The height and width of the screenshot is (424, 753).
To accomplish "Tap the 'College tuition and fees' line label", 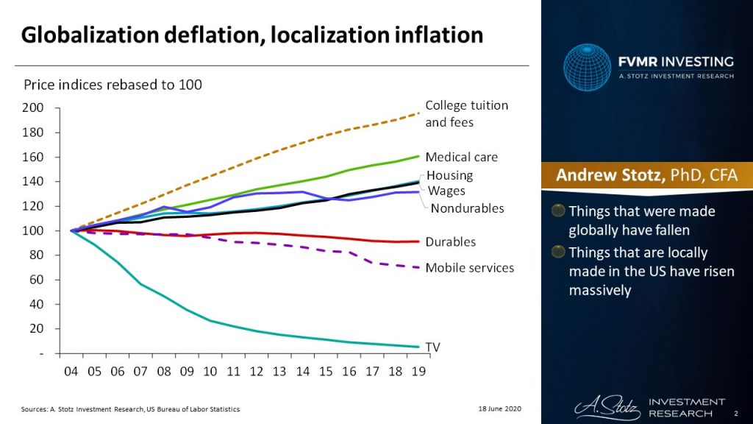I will tap(466, 113).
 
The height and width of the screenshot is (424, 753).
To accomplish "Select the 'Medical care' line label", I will tap(461, 157).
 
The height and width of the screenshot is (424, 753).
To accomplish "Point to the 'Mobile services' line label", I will tap(469, 267).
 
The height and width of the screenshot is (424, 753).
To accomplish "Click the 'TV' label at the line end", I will tap(433, 346).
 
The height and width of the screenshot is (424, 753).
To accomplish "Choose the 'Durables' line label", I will tap(450, 241).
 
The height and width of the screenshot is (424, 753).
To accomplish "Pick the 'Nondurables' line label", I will tap(467, 208).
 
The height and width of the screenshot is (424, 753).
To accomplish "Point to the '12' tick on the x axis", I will tap(257, 372).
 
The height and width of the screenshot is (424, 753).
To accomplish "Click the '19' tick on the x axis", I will tap(418, 372).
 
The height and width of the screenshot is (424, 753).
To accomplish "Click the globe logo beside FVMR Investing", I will tap(588, 67).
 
